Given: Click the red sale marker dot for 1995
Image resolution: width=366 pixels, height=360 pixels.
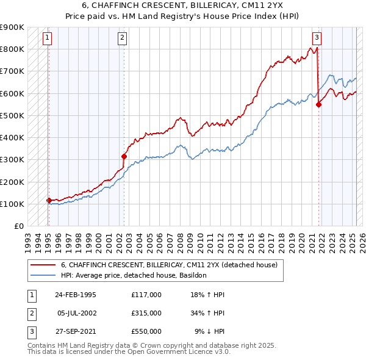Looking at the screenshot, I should [x=49, y=200].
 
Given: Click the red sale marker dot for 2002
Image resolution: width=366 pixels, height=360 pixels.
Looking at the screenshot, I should [x=124, y=156].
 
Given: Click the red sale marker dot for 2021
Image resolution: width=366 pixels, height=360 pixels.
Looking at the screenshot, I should [x=318, y=104].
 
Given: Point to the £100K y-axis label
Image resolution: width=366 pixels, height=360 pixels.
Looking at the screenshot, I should [x=12, y=204].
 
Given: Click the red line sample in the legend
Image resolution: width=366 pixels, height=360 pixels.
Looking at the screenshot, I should [x=43, y=265].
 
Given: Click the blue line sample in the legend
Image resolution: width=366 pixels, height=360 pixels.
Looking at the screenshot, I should [x=43, y=275].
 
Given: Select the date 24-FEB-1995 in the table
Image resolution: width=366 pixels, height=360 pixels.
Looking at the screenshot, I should [x=76, y=295].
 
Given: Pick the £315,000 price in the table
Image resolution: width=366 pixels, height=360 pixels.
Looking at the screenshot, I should [x=146, y=313].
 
